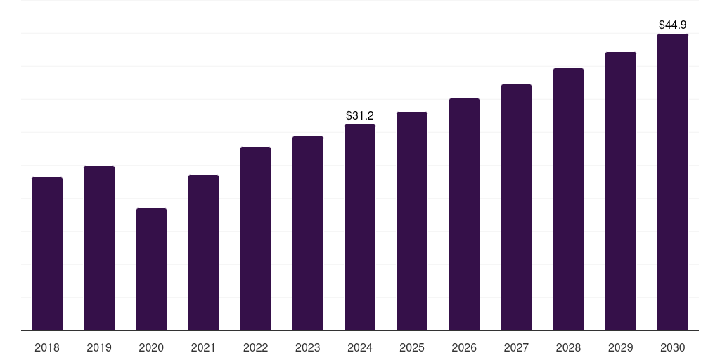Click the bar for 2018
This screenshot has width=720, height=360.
tap(47, 254)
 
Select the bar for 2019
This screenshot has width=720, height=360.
tap(99, 248)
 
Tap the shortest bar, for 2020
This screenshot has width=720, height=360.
tap(151, 269)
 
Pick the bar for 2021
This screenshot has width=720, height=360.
tap(203, 253)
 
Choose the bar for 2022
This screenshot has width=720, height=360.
tap(255, 239)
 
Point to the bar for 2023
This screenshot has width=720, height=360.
tap(308, 233)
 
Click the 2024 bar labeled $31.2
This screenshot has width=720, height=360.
tap(360, 228)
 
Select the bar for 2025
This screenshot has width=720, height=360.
tap(412, 221)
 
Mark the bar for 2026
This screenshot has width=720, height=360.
tap(464, 214)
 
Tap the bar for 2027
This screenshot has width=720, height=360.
tap(516, 207)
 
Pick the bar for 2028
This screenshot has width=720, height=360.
tap(568, 200)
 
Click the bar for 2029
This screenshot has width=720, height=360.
tap(621, 191)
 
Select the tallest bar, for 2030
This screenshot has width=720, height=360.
tap(673, 182)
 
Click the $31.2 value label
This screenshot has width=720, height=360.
tap(360, 115)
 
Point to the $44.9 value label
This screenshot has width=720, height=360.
tap(673, 25)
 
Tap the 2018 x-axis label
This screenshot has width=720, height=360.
tap(47, 347)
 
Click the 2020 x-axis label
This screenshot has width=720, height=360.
tap(151, 347)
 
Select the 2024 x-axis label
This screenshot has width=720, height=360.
tap(360, 347)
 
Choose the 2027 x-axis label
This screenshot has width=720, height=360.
tap(516, 347)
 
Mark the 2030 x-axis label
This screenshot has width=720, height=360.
tap(673, 347)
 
